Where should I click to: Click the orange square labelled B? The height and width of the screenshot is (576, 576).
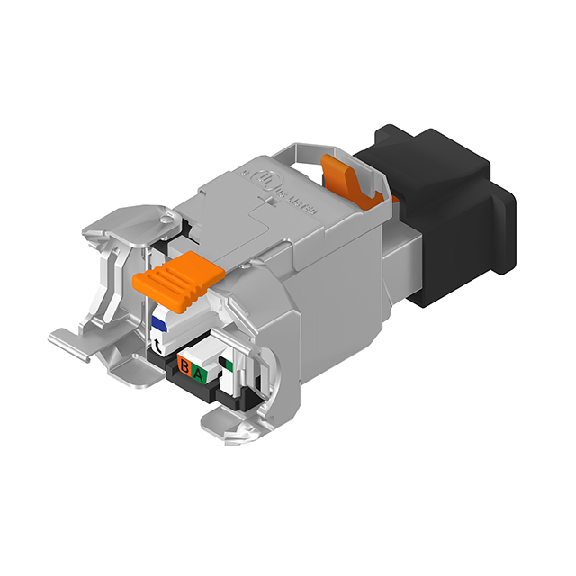(x=184, y=366)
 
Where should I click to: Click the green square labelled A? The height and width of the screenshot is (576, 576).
(x=201, y=371)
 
